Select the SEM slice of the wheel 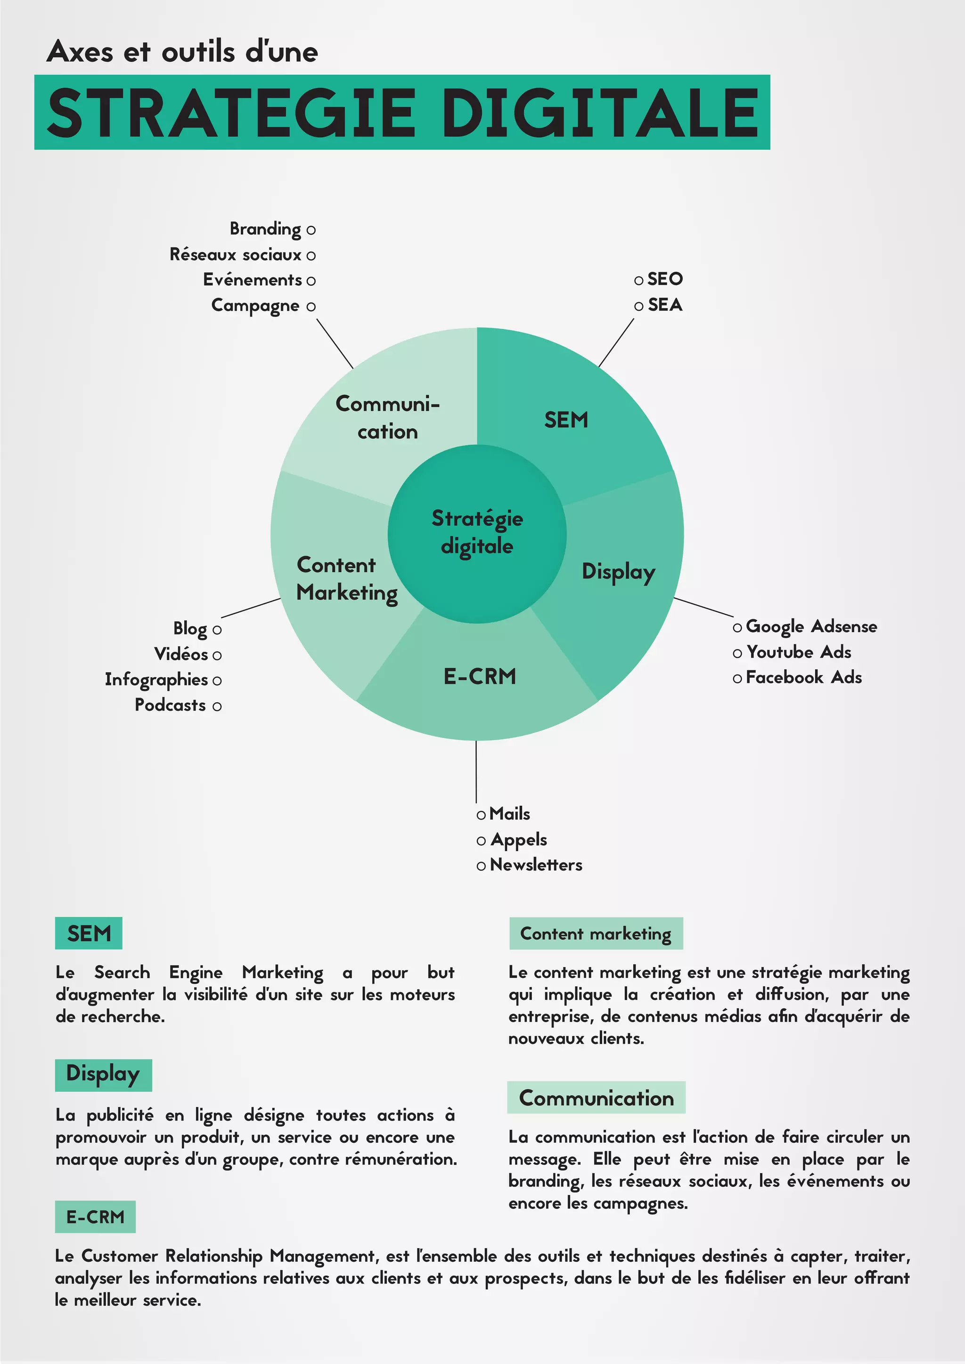566,420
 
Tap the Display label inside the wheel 618,571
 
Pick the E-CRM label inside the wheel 480,676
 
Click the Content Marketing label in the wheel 346,579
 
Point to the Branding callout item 266,229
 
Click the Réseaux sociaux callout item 236,255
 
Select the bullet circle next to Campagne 311,307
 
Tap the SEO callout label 665,279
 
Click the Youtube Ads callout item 799,652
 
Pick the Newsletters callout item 535,864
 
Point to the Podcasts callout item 171,705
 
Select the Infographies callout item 156,679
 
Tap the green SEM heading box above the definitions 89,934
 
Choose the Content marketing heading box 596,934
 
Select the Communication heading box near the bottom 596,1098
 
